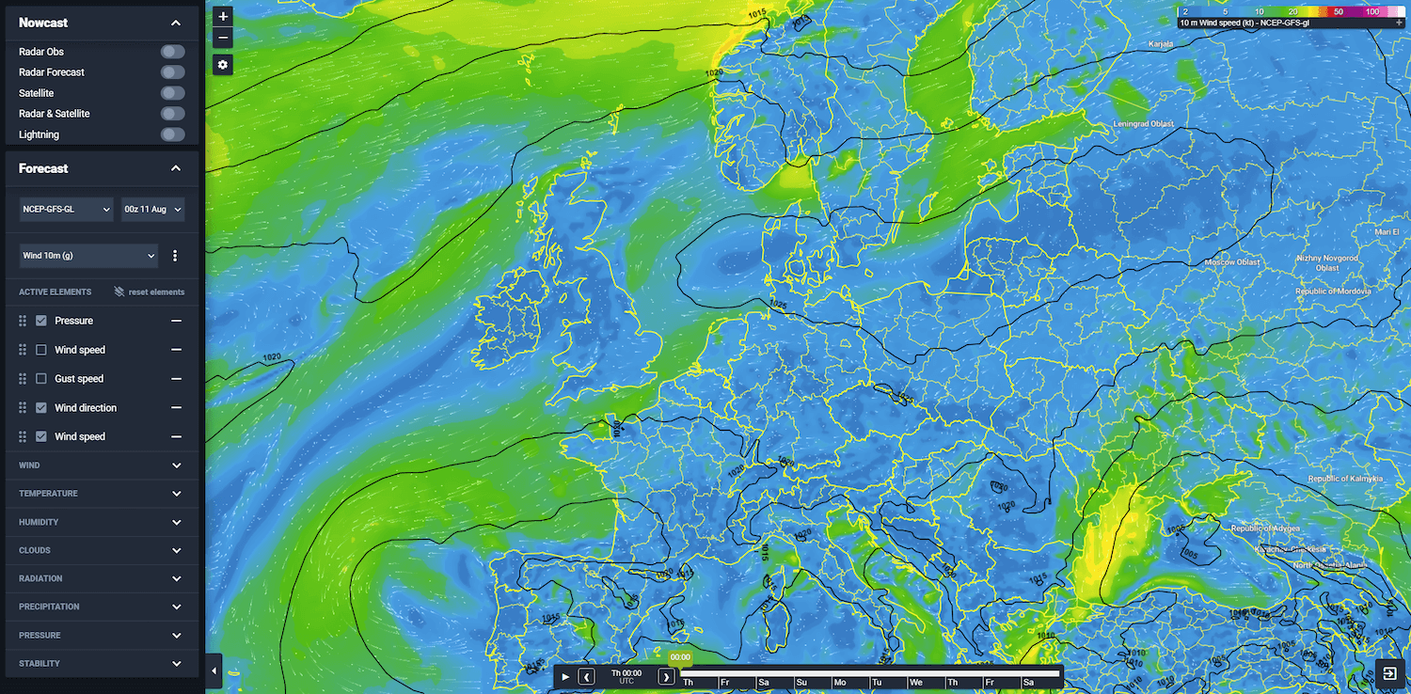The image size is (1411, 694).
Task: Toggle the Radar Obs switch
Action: [172, 52]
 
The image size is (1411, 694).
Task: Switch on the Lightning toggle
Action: [172, 134]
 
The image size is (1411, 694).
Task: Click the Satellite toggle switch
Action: [172, 93]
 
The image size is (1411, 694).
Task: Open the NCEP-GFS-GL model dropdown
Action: [67, 209]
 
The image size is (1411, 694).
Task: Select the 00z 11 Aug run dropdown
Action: [152, 209]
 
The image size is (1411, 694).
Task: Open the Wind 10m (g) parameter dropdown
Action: [88, 255]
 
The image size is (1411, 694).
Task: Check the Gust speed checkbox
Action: [41, 379]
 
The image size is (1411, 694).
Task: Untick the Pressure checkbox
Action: [41, 321]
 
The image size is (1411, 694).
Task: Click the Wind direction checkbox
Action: [41, 408]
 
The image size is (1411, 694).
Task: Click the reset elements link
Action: [150, 292]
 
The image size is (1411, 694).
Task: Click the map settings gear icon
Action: [223, 65]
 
